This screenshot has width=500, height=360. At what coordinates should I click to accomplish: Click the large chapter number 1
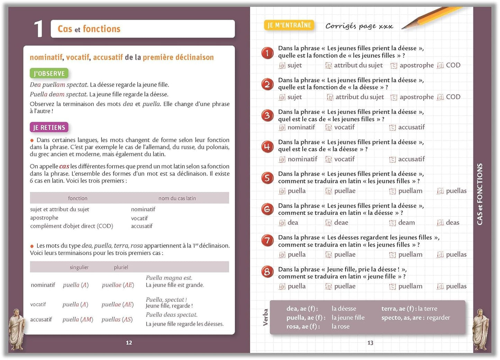tap(38, 29)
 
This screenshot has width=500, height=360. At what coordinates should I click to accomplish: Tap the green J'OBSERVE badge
tap(49, 73)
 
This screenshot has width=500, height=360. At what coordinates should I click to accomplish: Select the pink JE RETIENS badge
tap(49, 128)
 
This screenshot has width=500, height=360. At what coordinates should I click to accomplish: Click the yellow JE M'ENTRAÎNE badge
tap(289, 25)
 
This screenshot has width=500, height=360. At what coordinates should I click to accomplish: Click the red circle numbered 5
tap(267, 178)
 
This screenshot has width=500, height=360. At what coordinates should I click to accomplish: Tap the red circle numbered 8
tap(267, 272)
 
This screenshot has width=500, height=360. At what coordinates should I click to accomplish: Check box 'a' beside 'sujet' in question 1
tap(282, 65)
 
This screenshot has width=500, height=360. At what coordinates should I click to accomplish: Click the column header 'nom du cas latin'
tap(177, 198)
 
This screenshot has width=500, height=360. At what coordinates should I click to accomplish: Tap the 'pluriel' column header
tap(121, 267)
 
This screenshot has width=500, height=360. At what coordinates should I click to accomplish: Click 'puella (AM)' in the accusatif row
tap(78, 320)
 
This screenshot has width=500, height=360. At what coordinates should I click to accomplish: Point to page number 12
tap(129, 343)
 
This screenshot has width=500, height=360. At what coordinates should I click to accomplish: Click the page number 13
tap(370, 343)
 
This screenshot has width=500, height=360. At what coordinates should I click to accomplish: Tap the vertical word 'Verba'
tap(265, 317)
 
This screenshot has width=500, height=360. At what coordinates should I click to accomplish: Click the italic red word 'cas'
tap(64, 166)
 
